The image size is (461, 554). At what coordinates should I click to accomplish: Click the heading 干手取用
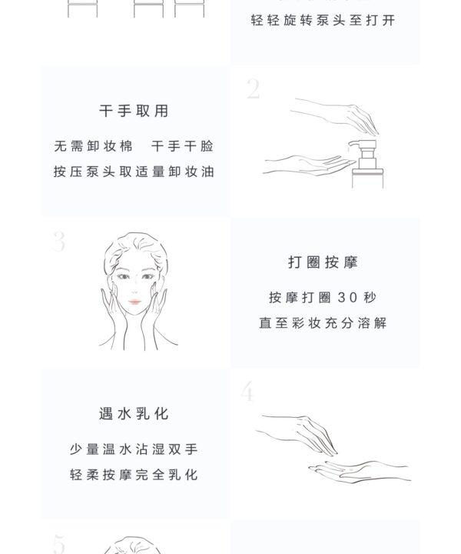tap(134, 111)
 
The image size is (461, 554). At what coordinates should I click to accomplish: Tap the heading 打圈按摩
tap(323, 262)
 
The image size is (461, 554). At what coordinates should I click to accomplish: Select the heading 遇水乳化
tap(134, 414)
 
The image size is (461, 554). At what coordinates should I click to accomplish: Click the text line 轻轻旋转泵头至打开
tap(323, 20)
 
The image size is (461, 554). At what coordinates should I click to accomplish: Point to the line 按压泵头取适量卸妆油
tap(134, 172)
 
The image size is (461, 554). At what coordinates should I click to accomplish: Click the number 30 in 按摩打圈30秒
tap(347, 298)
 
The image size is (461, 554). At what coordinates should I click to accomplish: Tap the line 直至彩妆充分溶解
tap(323, 323)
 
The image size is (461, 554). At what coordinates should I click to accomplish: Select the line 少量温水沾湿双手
tap(134, 449)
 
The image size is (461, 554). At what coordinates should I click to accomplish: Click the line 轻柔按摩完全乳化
tap(134, 475)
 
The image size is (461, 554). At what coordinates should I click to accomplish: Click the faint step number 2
tap(254, 88)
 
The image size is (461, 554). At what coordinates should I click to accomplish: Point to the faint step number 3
tap(59, 242)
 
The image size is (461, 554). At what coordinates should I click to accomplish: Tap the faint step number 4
tap(247, 391)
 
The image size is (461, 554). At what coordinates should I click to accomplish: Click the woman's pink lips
tap(134, 302)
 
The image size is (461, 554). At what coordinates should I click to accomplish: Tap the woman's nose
tap(134, 290)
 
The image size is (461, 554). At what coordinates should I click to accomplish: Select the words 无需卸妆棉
tap(94, 146)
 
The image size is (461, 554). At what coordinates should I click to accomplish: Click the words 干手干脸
tap(182, 146)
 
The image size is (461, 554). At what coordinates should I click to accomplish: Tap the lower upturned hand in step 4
tap(360, 472)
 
